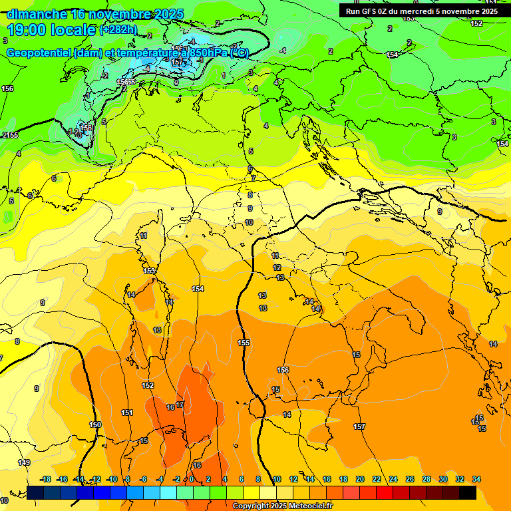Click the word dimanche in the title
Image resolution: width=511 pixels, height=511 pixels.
[x=36, y=14]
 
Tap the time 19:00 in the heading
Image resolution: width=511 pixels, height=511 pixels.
[x=26, y=30]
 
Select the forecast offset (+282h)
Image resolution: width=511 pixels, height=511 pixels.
[x=118, y=30]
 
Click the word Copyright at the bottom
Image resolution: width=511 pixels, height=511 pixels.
[x=251, y=506]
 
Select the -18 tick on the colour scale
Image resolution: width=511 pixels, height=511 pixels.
[x=45, y=479]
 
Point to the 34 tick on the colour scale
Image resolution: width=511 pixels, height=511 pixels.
[x=476, y=479]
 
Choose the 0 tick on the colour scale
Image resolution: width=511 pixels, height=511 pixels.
[x=192, y=479]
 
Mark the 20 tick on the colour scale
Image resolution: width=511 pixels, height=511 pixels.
[x=360, y=479]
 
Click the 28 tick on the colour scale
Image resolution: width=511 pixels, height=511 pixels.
[x=426, y=479]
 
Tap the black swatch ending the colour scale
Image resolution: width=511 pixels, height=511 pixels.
[x=468, y=492]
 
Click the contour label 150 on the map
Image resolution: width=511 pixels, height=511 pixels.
[x=95, y=425]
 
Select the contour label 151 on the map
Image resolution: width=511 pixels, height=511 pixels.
[x=127, y=413]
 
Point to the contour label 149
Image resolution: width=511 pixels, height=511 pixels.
[x=24, y=462]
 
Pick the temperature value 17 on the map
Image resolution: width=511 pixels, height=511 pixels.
[x=180, y=405]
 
